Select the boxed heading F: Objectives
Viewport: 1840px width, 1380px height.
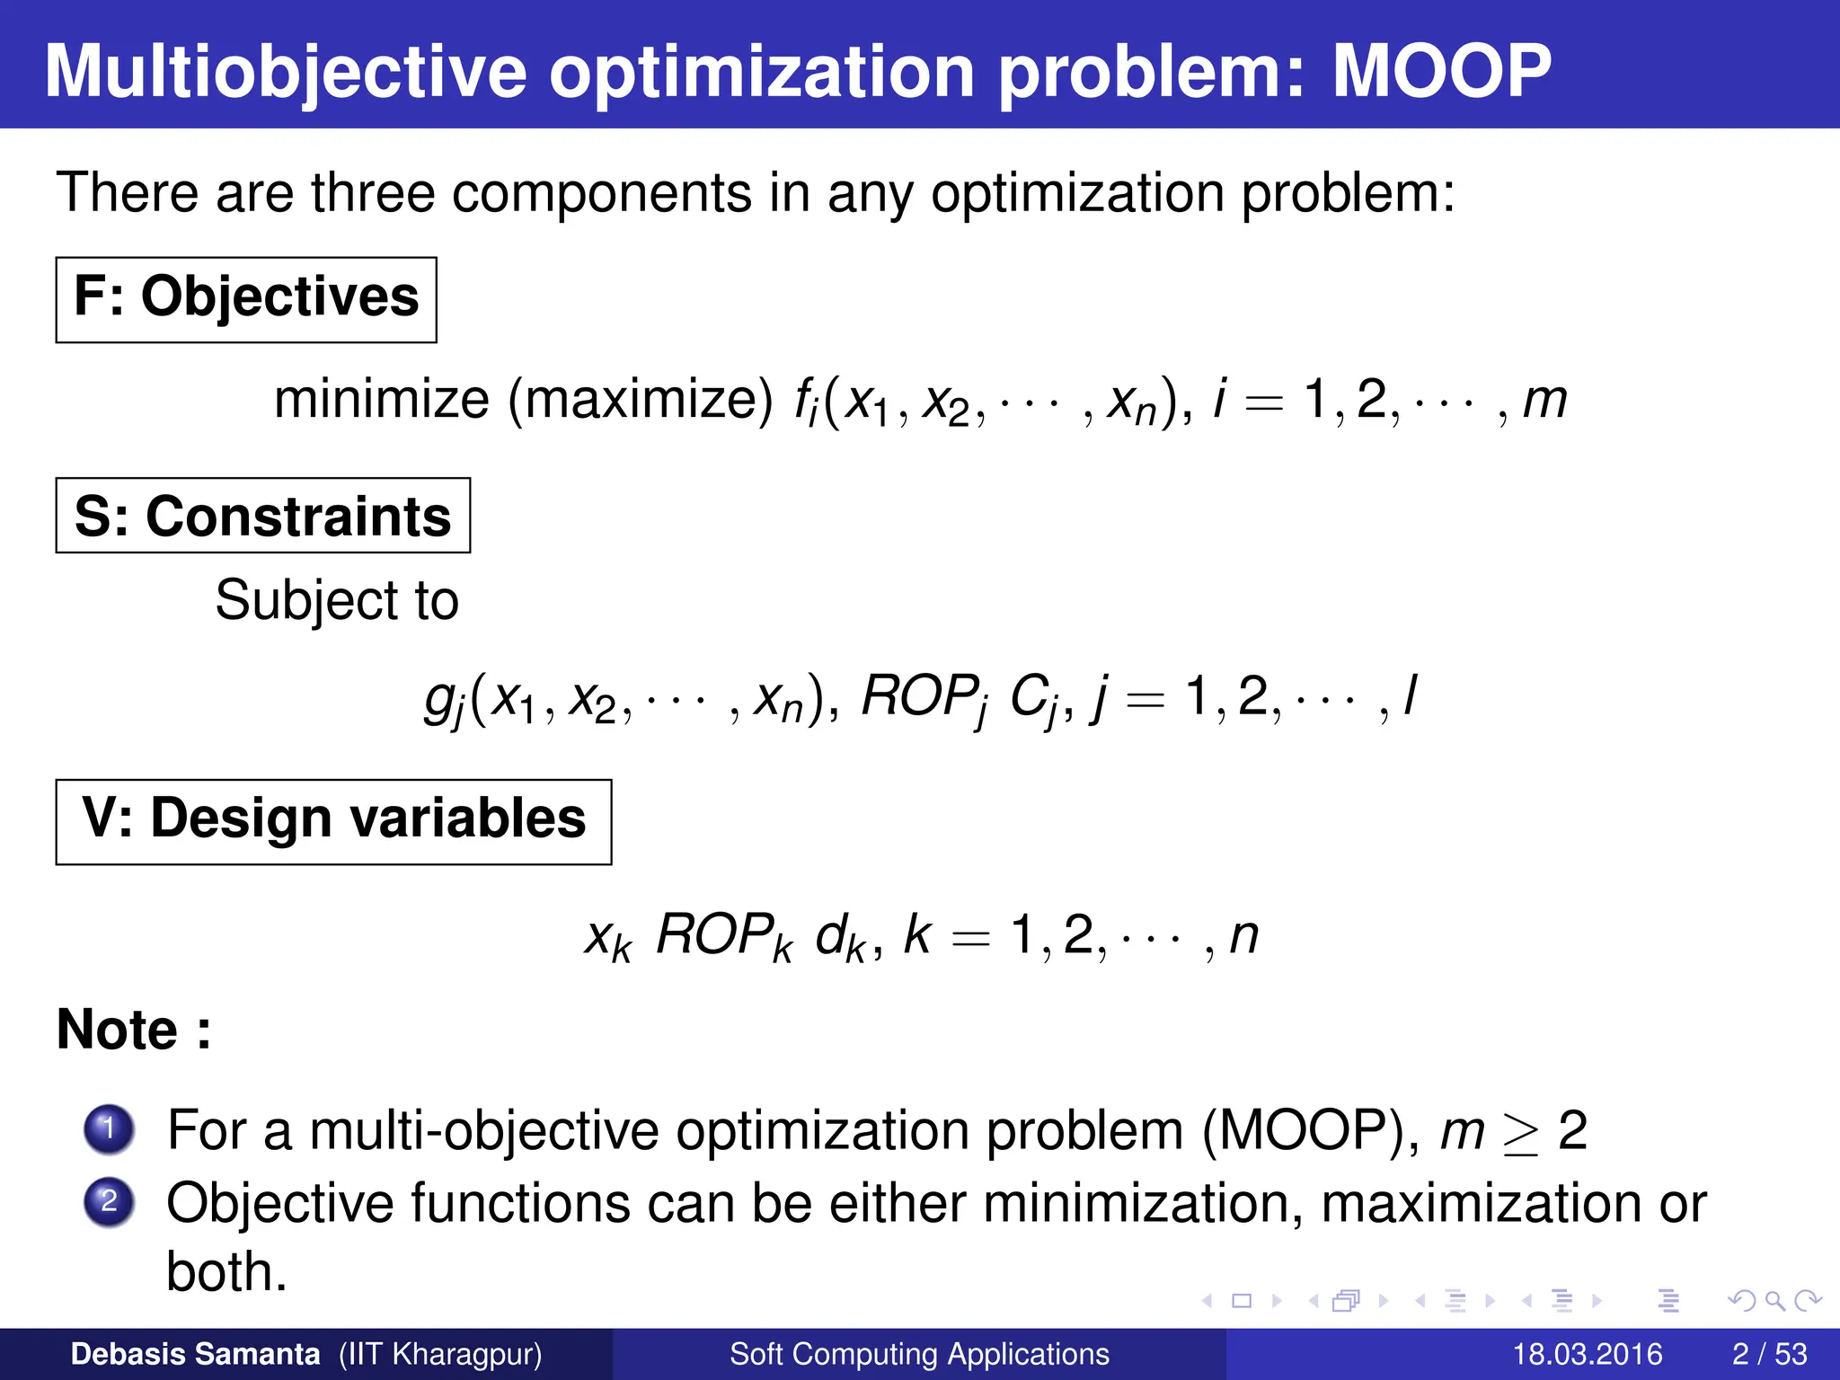[245, 299]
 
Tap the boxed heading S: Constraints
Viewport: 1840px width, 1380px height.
[262, 517]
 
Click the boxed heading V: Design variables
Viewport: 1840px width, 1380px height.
[333, 820]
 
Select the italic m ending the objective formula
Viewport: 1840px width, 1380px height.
[1545, 401]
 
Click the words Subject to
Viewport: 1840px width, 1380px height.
[337, 600]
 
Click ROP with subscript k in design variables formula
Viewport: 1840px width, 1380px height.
[723, 937]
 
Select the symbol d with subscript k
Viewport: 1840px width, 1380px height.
[839, 937]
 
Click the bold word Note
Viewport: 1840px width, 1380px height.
[118, 1030]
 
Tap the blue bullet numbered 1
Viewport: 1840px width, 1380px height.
[109, 1128]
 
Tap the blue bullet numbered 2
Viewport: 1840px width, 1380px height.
[109, 1201]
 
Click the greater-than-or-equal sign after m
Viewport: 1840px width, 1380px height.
[1520, 1134]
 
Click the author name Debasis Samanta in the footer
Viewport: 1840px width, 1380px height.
[195, 1354]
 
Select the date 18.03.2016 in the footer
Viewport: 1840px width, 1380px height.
[1587, 1354]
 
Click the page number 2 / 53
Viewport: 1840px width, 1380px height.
[1769, 1354]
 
